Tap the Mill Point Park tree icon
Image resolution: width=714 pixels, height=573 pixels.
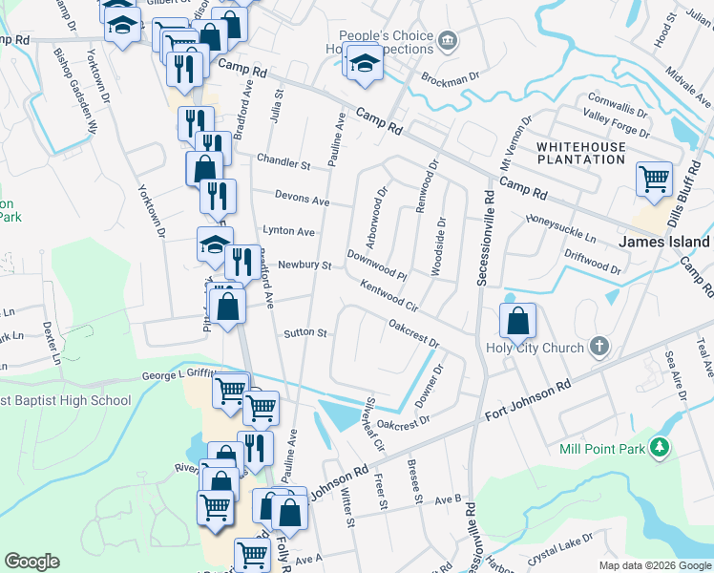pos(657,446)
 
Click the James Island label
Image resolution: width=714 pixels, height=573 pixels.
pos(665,242)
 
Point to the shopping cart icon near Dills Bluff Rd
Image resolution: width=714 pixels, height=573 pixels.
pos(654,179)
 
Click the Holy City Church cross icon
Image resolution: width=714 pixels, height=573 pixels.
pos(598,347)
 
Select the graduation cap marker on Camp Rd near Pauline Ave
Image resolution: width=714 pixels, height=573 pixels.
pos(364,63)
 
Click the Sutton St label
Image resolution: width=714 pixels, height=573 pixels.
pos(305,334)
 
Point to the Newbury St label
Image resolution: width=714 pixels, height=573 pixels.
pos(304,265)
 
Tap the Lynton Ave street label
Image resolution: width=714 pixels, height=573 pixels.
pos(289,231)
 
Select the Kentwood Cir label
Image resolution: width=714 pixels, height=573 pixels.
pos(389,296)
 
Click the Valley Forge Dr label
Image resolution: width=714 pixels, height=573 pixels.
pos(617,124)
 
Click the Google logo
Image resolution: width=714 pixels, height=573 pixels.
pos(31,562)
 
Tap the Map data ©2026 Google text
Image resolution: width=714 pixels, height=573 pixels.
pos(654,564)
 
